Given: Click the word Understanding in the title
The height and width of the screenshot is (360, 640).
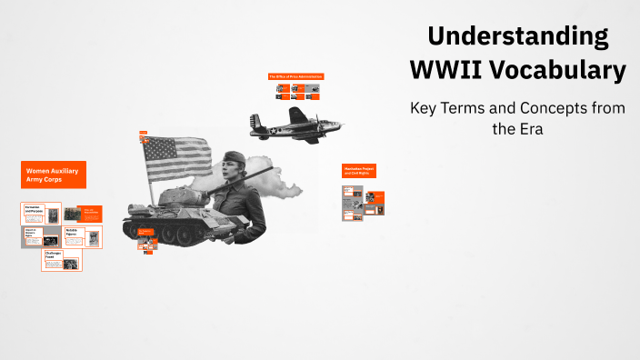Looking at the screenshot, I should (x=518, y=36).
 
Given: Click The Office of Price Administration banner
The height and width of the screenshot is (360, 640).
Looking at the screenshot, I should (x=295, y=76).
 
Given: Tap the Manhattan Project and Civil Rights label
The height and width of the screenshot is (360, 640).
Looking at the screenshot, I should (x=358, y=170).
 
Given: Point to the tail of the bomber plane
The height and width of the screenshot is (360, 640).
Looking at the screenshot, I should (x=257, y=123).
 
